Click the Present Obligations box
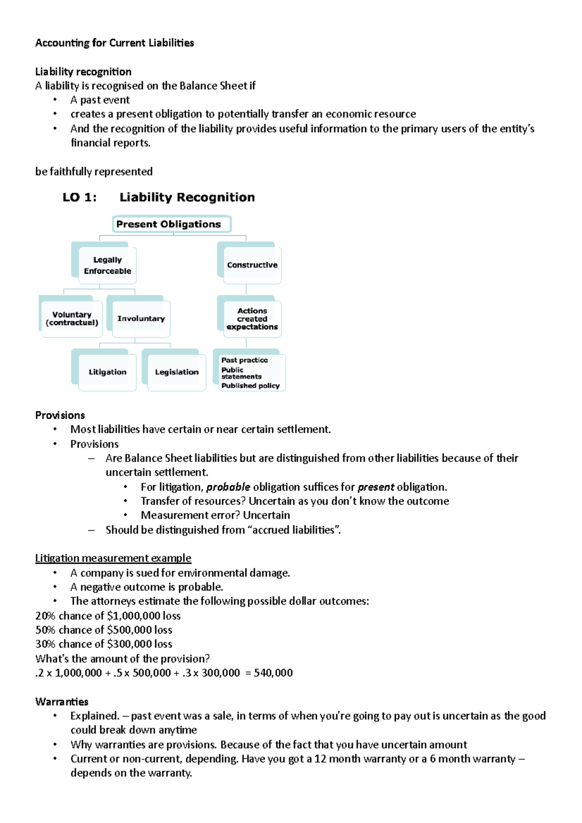[171, 224]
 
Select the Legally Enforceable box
[107, 265]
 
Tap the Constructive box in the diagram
[252, 265]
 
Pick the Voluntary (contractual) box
[72, 319]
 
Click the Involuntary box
[141, 319]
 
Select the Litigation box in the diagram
[107, 372]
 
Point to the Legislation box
[177, 372]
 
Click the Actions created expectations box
[252, 319]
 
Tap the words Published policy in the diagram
[250, 386]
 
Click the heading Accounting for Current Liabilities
[114, 43]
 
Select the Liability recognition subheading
[83, 72]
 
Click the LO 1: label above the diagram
[80, 197]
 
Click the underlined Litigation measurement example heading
[113, 558]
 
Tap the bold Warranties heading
[62, 702]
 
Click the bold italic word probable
[228, 487]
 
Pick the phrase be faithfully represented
[94, 172]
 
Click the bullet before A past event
[55, 100]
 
